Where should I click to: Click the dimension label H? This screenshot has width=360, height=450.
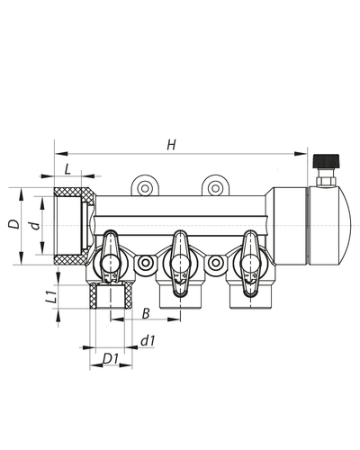(171, 145)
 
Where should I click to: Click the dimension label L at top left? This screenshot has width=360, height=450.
(67, 169)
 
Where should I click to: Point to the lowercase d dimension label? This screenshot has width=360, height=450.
(36, 225)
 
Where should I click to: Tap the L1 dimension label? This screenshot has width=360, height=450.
(51, 296)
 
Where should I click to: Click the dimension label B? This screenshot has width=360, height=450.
(146, 313)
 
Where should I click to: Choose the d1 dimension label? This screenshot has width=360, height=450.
(148, 341)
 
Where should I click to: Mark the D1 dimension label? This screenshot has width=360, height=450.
(111, 359)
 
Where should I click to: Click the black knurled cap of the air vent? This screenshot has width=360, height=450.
(326, 161)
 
